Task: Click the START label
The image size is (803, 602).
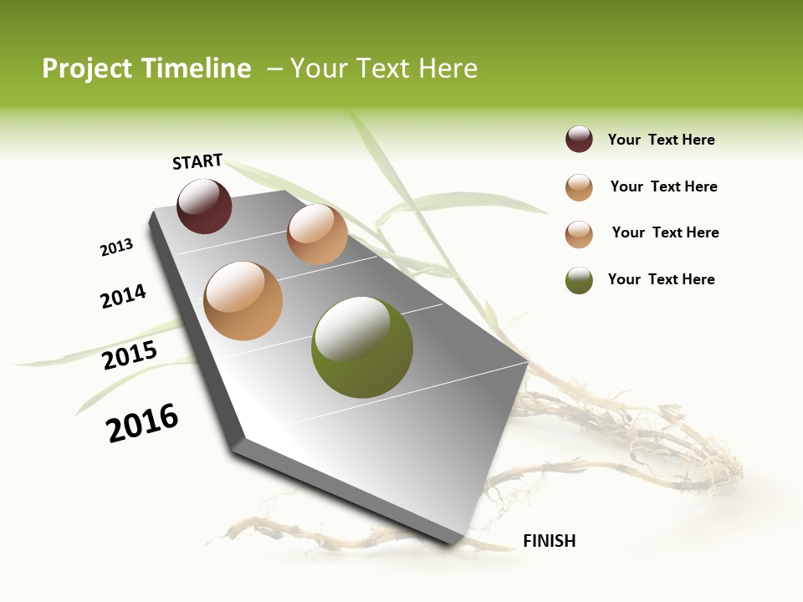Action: click(x=197, y=161)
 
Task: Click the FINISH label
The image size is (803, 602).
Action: click(x=549, y=541)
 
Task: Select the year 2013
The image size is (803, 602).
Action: click(x=116, y=247)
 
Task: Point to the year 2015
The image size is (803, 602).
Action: click(x=130, y=355)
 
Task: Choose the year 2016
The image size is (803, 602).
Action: click(x=142, y=423)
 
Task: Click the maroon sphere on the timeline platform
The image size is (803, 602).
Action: click(x=204, y=207)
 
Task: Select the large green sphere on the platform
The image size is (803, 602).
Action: click(x=361, y=347)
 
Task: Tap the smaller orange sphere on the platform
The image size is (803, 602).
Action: click(x=317, y=234)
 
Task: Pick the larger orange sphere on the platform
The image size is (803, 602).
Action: click(x=243, y=301)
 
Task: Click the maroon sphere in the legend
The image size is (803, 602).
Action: click(x=579, y=140)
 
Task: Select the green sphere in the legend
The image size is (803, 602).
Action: click(x=579, y=280)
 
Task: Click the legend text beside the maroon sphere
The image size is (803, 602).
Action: click(x=661, y=140)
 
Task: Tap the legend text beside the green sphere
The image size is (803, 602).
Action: click(x=661, y=279)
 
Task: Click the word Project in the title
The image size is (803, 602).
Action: click(x=88, y=69)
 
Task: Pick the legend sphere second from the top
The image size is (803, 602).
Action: click(x=579, y=187)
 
